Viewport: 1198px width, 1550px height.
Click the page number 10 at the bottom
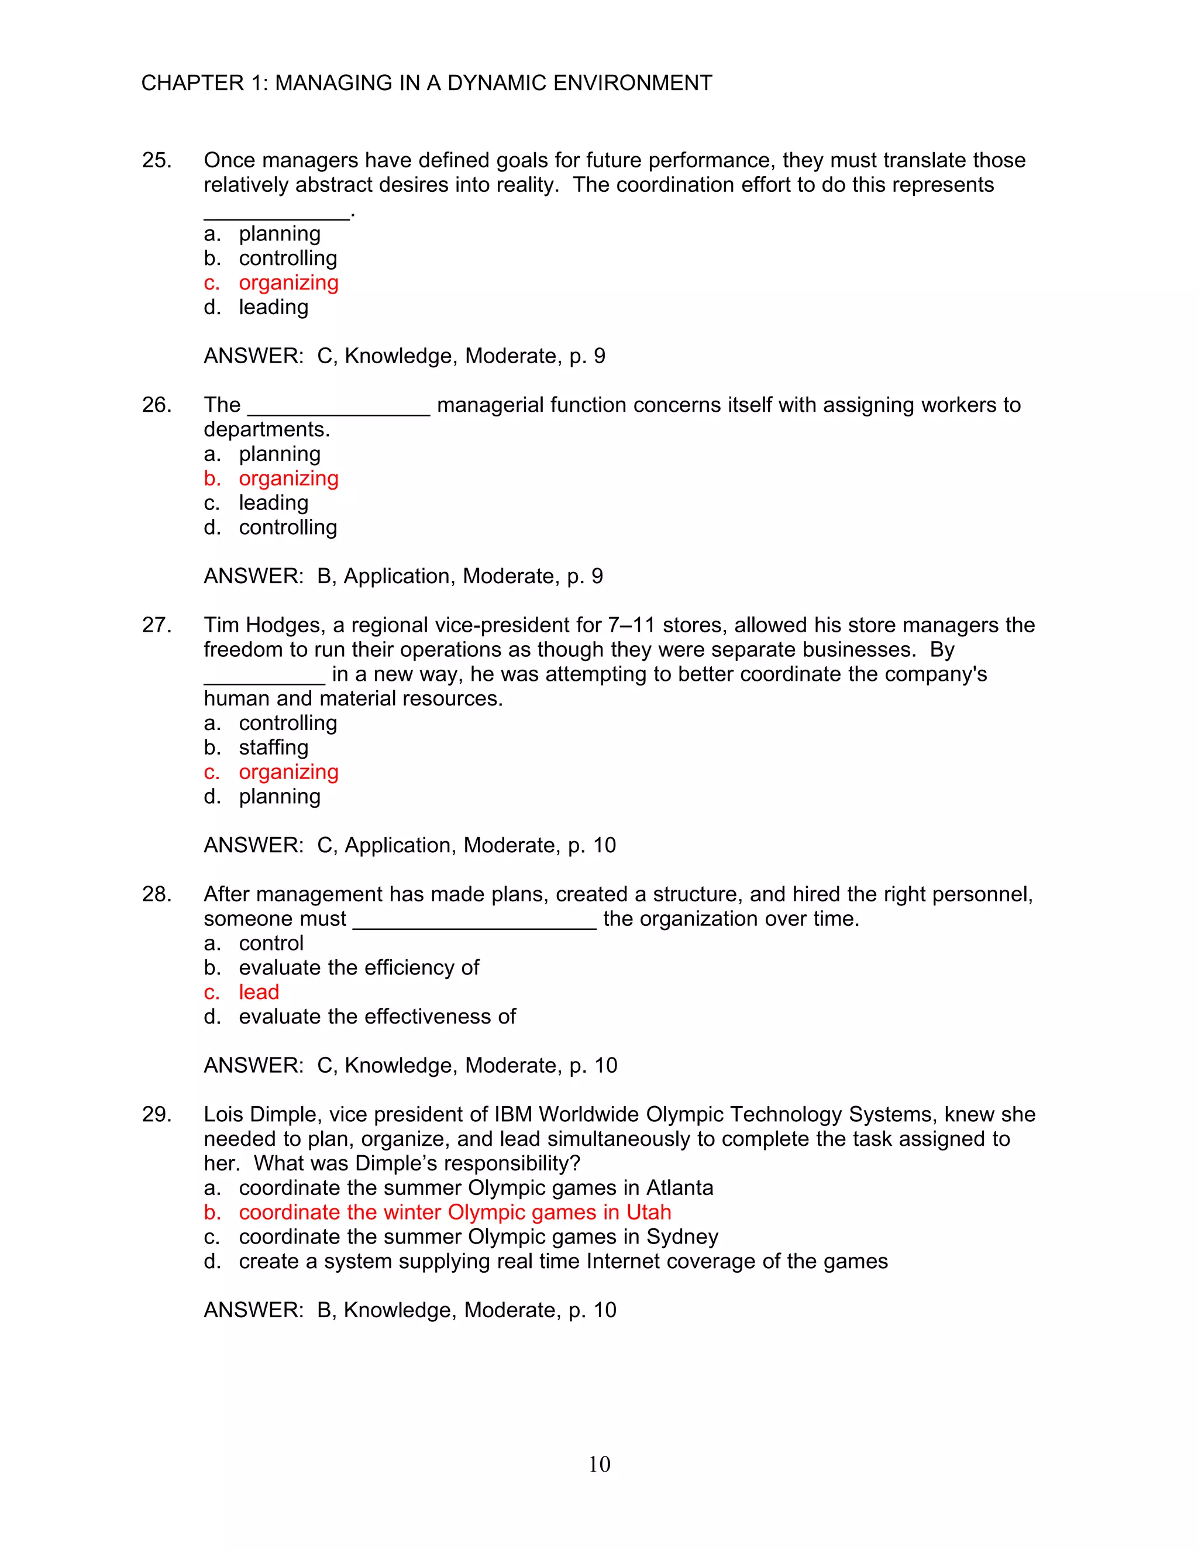coord(599,1463)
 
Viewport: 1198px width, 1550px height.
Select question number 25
coord(156,160)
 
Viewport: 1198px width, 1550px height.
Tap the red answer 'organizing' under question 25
coord(288,283)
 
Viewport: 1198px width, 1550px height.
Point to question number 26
coord(156,405)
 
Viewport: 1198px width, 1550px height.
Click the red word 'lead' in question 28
coord(259,992)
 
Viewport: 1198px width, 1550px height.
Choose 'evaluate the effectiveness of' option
coord(377,1017)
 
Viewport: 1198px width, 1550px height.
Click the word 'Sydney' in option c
coord(682,1237)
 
